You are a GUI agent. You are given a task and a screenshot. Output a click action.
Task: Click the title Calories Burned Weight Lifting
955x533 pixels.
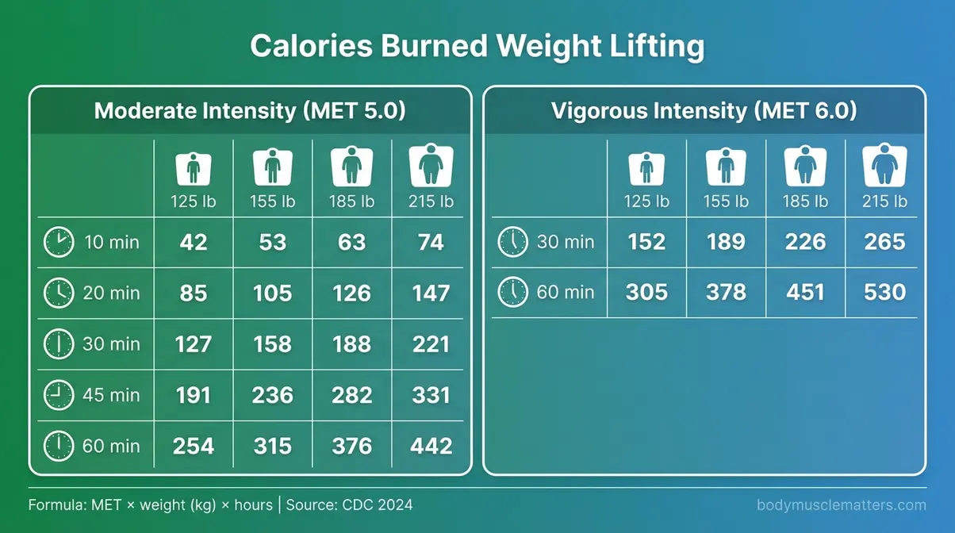pos(477,47)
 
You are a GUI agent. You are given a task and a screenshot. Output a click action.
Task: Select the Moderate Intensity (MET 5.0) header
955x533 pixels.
pos(250,110)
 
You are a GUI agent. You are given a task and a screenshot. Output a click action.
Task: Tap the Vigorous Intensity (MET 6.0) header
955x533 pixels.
pos(704,110)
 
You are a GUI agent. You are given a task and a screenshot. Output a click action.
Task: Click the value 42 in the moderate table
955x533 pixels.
pos(194,242)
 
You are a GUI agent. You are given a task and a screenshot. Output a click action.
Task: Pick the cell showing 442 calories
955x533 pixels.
pos(431,446)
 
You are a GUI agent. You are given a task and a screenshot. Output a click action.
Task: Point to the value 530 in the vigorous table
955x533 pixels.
pos(884,293)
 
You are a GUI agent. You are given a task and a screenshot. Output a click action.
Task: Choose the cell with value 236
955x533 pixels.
pos(272,395)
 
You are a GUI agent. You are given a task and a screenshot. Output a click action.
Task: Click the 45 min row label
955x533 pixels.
pos(111,395)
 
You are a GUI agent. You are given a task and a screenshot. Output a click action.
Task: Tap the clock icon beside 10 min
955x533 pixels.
pos(58,242)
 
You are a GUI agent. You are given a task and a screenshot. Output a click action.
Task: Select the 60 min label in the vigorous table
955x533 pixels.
pos(565,293)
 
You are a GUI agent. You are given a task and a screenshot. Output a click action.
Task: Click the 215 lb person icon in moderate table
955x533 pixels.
pos(431,167)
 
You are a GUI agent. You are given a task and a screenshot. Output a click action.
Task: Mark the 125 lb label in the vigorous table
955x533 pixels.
pos(646,201)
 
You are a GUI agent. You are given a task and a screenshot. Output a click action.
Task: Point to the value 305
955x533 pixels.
pos(646,293)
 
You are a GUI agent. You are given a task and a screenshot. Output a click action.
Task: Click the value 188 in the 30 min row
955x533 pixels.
pos(351,344)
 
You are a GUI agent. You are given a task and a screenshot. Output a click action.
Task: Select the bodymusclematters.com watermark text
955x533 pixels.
pos(842,505)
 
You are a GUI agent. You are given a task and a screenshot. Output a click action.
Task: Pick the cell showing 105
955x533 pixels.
pos(272,293)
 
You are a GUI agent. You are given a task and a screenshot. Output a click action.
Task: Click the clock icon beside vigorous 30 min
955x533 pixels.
pos(512,242)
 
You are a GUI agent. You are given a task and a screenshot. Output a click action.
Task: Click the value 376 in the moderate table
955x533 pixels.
pos(351,446)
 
